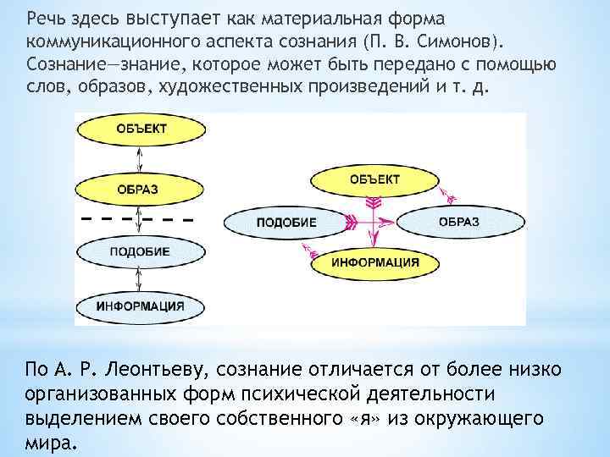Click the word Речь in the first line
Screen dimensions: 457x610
(45, 19)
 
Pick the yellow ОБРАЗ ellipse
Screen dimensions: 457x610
(138, 189)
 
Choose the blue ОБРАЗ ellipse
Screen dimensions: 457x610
(458, 222)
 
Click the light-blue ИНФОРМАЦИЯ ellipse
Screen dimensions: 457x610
(138, 305)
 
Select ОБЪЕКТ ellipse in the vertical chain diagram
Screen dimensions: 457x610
(139, 129)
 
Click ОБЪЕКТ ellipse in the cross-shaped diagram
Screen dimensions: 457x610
(374, 180)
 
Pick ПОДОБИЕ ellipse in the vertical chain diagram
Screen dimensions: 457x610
(139, 251)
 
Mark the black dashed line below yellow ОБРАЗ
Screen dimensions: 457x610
(136, 219)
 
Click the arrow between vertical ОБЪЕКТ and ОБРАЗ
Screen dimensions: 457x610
(139, 159)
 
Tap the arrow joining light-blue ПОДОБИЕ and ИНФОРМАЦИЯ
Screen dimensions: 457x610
(139, 278)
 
